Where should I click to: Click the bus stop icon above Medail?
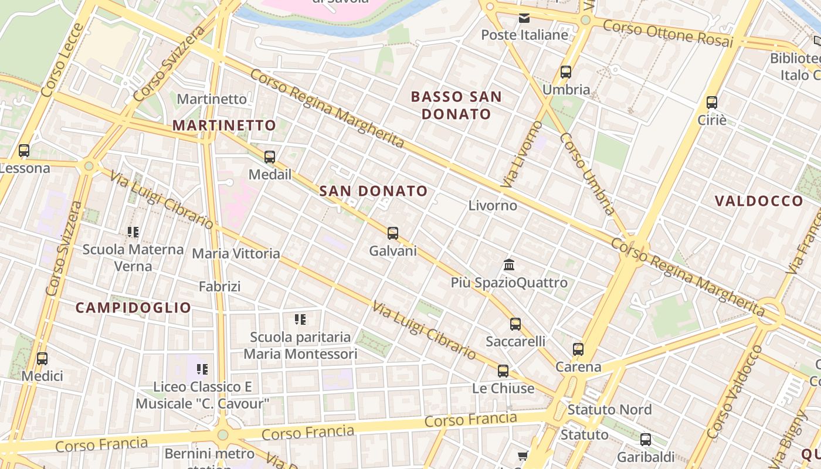pos(270,157)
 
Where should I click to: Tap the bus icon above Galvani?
pos(393,233)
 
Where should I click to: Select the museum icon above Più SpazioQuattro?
pos(509,265)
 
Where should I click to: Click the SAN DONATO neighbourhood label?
pos(374,191)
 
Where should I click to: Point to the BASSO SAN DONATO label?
pos(456,106)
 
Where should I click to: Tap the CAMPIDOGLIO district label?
pos(134,308)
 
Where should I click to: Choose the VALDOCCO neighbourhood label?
pos(759,201)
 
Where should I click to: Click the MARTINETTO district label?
pos(224,125)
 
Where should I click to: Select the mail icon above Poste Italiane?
pos(524,18)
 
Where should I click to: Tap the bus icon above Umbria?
pos(566,72)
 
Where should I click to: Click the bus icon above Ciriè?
pos(712,103)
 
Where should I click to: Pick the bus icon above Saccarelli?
pos(515,324)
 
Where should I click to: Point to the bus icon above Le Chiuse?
pos(503,371)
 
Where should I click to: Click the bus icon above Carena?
pos(578,349)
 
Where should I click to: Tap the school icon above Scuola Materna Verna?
pos(133,232)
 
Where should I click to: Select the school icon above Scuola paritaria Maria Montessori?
pos(300,320)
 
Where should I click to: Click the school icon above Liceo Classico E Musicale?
pos(202,369)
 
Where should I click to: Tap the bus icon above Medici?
pos(42,358)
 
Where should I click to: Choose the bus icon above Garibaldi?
pos(646,440)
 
